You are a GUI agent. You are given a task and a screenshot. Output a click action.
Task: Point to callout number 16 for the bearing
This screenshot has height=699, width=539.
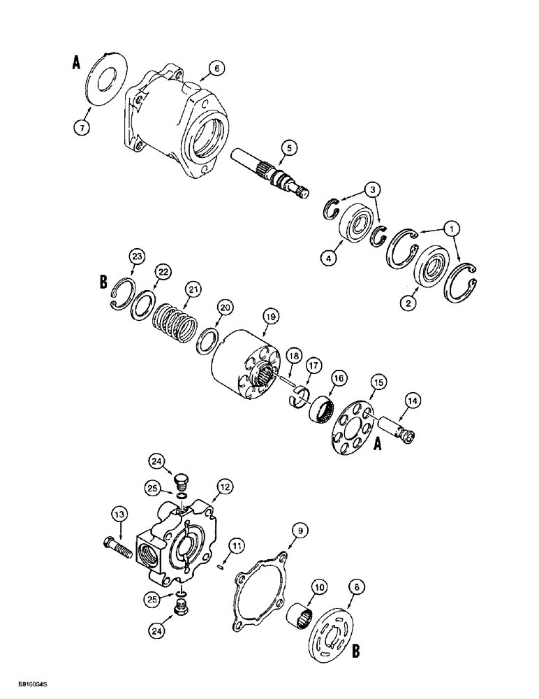click(338, 378)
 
